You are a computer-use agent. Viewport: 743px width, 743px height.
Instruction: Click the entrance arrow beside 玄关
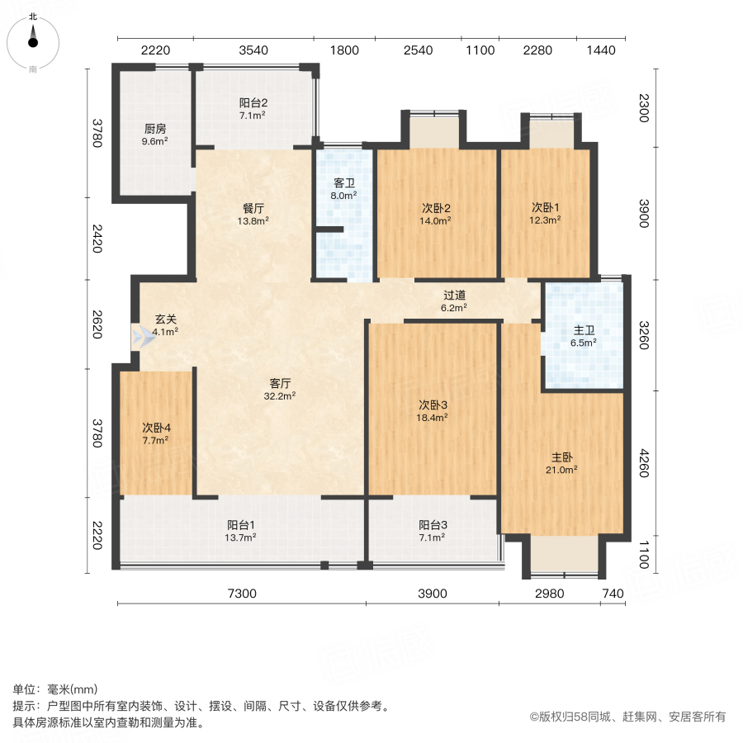(x=144, y=336)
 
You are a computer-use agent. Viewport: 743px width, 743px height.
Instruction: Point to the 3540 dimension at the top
(x=253, y=50)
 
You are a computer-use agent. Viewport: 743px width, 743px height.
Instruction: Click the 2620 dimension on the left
(x=97, y=324)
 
